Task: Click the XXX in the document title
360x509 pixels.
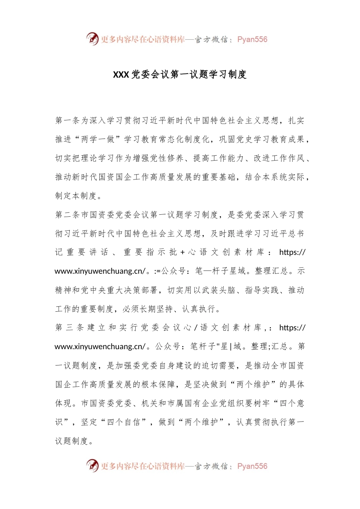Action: pyautogui.click(x=121, y=75)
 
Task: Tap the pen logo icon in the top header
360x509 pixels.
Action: pyautogui.click(x=92, y=39)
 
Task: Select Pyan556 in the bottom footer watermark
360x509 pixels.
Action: pyautogui.click(x=252, y=466)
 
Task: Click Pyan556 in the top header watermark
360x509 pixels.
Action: pyautogui.click(x=252, y=39)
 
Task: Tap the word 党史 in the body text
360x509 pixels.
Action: pyautogui.click(x=245, y=140)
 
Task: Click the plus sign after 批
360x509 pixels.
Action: pyautogui.click(x=183, y=253)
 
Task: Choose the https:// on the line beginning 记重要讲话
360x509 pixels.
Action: pyautogui.click(x=292, y=253)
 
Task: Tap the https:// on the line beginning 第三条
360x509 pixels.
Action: pyautogui.click(x=292, y=328)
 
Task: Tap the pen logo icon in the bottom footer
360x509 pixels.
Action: pyautogui.click(x=92, y=465)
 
